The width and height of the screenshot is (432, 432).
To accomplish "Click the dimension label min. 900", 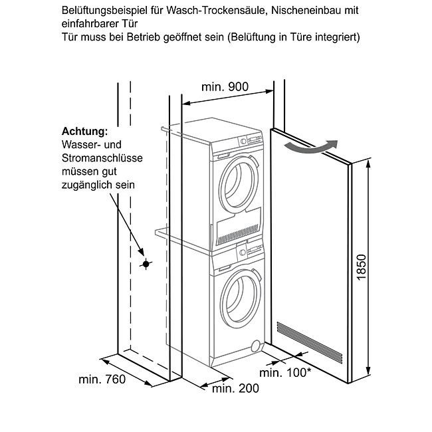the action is [225, 87].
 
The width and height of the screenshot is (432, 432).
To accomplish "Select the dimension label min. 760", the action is [102, 379].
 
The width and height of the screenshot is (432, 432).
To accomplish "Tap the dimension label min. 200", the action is [235, 389].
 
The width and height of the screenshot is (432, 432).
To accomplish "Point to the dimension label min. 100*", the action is [285, 373].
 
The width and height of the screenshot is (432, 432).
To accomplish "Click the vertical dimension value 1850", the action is [361, 267].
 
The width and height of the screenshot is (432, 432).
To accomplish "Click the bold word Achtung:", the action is [85, 132].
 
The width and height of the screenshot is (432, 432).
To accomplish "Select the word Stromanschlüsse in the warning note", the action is [102, 158].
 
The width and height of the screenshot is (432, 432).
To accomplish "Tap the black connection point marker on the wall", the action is [146, 265].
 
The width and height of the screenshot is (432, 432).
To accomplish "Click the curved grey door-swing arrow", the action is [311, 149].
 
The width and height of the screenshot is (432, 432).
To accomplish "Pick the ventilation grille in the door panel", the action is [310, 342].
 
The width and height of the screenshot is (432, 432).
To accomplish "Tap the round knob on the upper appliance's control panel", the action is [243, 142].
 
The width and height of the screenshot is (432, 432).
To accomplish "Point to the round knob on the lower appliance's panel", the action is [243, 252].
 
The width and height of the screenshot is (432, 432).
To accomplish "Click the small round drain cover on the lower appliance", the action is [257, 346].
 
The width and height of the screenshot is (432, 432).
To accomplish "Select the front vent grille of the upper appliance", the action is [239, 227].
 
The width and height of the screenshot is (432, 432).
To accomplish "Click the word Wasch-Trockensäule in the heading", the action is [217, 11].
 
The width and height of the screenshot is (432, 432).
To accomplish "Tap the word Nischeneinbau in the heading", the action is [304, 11].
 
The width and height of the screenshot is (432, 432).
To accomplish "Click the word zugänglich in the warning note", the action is [87, 185].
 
